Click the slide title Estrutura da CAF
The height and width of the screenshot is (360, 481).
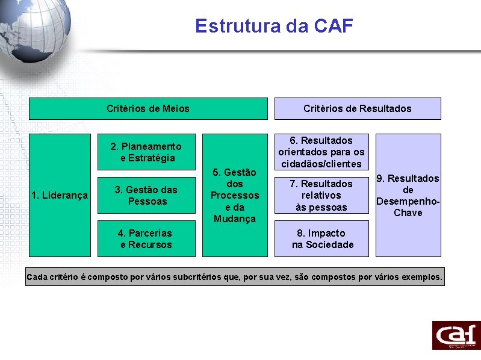point(274,26)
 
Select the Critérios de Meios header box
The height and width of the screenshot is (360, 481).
point(148,108)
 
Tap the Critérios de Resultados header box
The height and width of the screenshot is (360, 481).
point(358,108)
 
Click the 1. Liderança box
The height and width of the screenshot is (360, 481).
point(60,195)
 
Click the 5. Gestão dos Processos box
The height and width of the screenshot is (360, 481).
point(235,195)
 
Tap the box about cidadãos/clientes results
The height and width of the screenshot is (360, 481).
point(321,152)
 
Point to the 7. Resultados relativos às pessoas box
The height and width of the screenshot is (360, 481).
point(321,195)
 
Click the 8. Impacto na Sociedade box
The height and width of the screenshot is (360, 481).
point(321,238)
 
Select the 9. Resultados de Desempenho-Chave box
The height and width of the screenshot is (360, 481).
point(408,195)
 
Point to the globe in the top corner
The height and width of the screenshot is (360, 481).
point(30,30)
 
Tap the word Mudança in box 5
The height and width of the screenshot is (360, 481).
point(235,219)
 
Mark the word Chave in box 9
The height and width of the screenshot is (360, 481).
point(408,213)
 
